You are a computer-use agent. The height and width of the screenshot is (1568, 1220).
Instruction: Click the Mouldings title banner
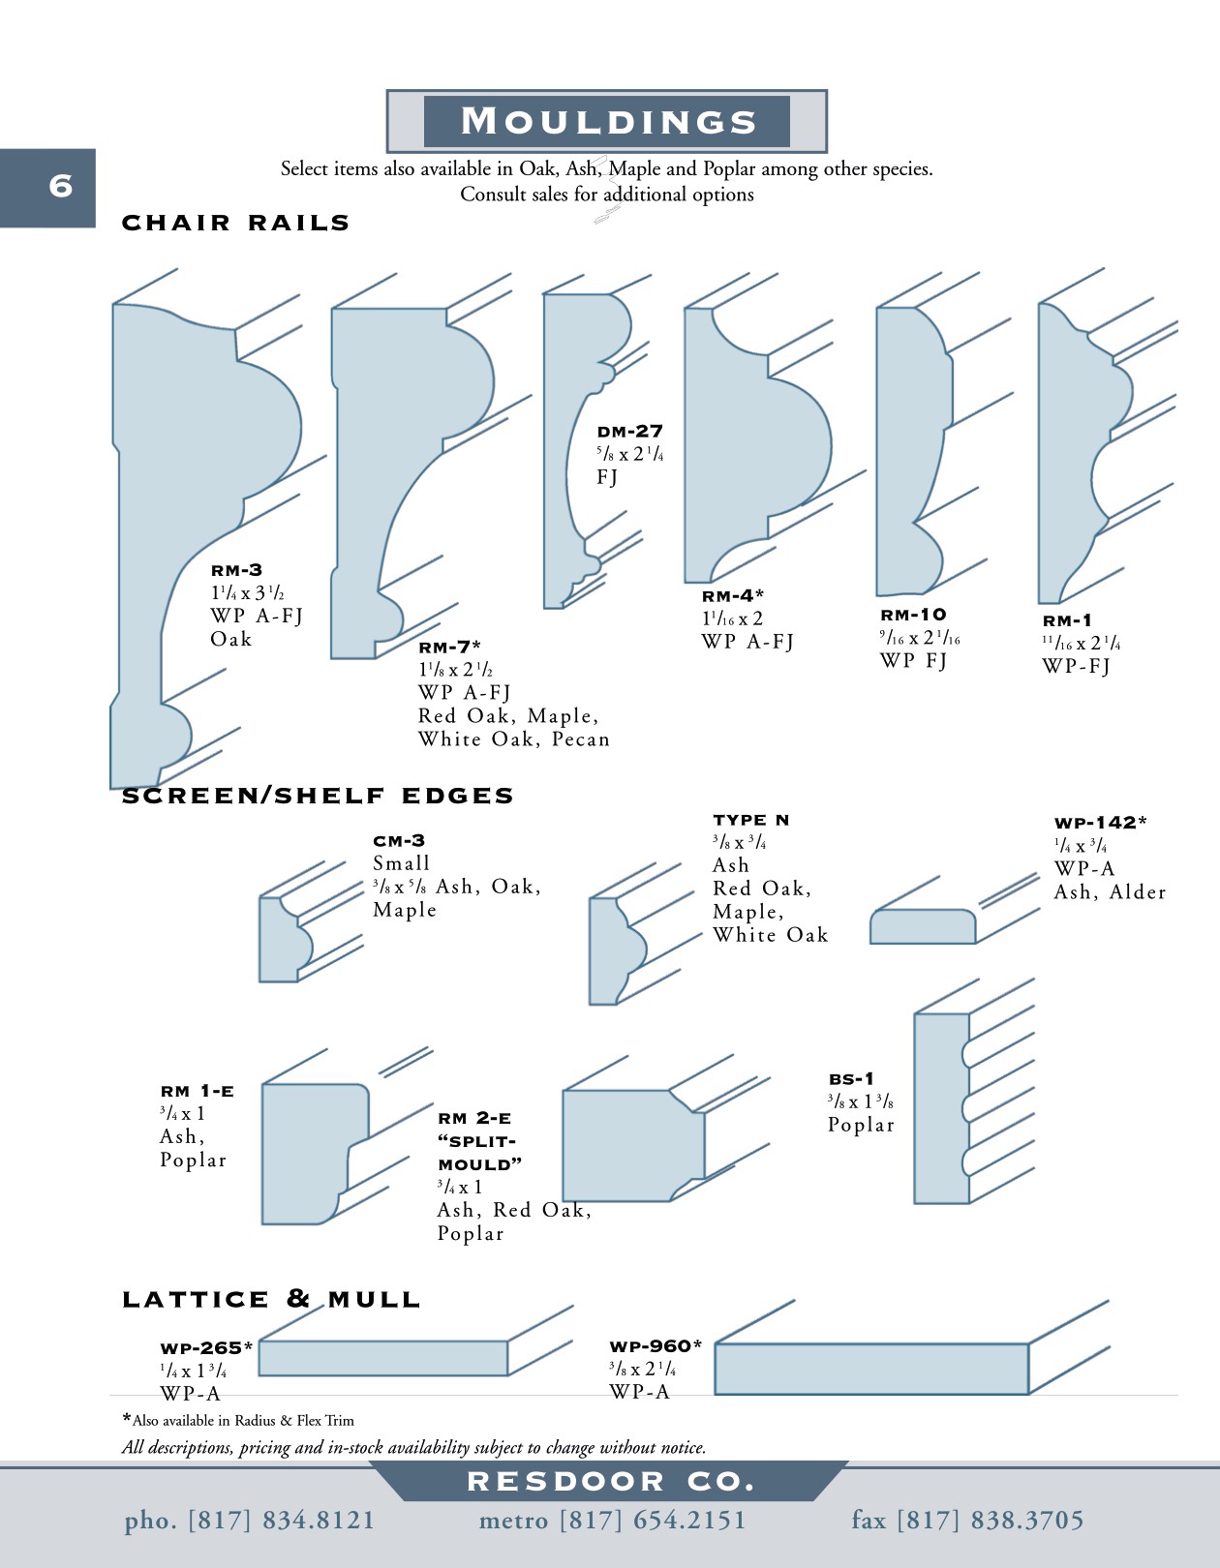click(607, 121)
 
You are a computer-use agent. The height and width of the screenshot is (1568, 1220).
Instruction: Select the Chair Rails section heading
click(235, 223)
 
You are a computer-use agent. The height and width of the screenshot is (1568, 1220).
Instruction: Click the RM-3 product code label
click(236, 570)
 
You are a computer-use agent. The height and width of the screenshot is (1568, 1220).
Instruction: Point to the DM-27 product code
click(629, 432)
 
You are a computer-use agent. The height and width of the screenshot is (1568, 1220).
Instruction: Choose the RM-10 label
click(913, 615)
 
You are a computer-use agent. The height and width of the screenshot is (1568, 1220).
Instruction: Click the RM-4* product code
click(733, 596)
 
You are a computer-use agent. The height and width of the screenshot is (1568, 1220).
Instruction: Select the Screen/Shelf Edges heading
click(318, 796)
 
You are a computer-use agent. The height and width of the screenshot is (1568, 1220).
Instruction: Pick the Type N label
click(751, 820)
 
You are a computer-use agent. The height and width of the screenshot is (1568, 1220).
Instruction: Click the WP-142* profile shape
click(922, 926)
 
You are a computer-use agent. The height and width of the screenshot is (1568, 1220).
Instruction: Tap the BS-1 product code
click(851, 1078)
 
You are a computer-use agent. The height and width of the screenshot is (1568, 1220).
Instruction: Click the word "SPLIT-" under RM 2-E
click(476, 1141)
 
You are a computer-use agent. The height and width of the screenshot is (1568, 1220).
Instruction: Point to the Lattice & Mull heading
click(271, 1299)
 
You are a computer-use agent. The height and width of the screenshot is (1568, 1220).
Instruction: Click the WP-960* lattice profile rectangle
click(870, 1369)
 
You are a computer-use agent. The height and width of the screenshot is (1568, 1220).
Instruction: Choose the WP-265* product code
click(206, 1347)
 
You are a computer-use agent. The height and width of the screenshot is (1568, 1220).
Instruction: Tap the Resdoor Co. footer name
click(610, 1482)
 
